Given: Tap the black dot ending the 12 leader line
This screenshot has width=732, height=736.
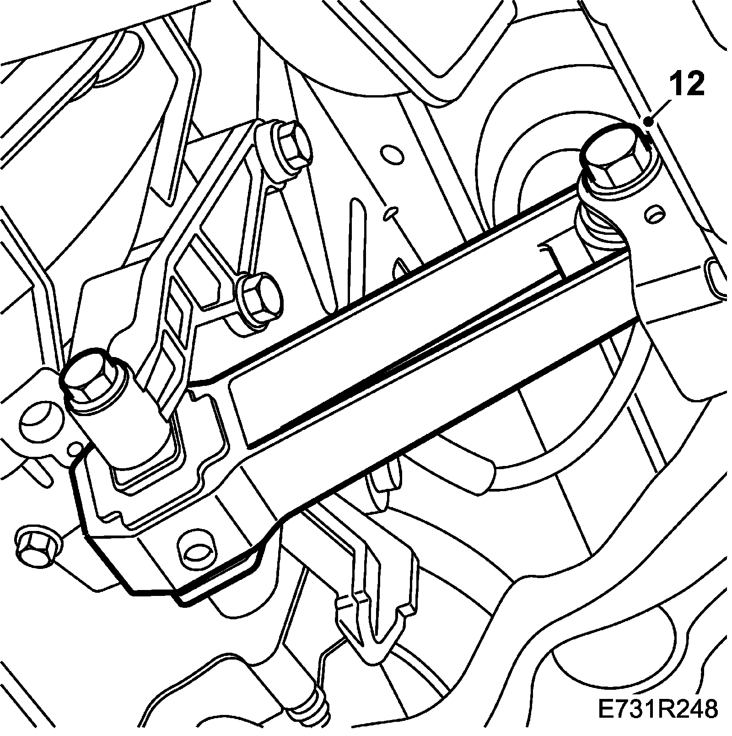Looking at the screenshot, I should (x=648, y=122).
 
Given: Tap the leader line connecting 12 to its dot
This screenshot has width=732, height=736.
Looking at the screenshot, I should (x=662, y=110).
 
